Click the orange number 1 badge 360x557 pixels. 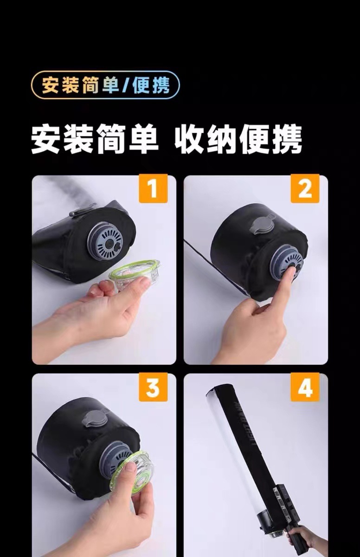click(153, 188)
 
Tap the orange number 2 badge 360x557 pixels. click(305, 188)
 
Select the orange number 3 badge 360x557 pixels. click(153, 387)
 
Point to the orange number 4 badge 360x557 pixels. click(305, 387)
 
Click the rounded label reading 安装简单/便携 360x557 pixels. click(105, 85)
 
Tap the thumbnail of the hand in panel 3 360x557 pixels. click(129, 468)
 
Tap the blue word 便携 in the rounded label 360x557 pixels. click(151, 85)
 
